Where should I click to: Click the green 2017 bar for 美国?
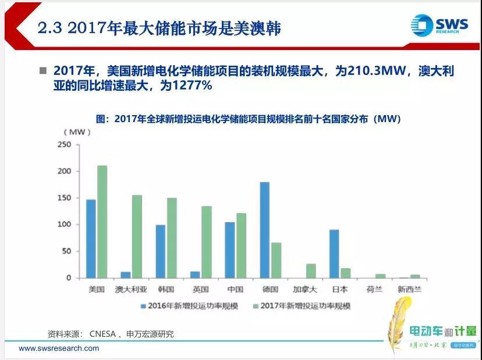coord(102,222)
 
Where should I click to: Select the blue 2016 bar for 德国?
coord(264,230)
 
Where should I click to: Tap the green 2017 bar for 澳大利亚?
coord(137,236)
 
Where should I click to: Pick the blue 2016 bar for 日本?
coord(334,254)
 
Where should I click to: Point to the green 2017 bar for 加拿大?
coord(311,270)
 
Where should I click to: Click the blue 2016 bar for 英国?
coord(195,275)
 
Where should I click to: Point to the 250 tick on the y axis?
coord(64,145)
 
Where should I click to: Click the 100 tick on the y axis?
coord(64,224)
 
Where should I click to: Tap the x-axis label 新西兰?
coord(409,289)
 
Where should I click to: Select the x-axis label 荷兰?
coord(374,289)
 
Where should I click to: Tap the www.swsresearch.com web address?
coord(59,348)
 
